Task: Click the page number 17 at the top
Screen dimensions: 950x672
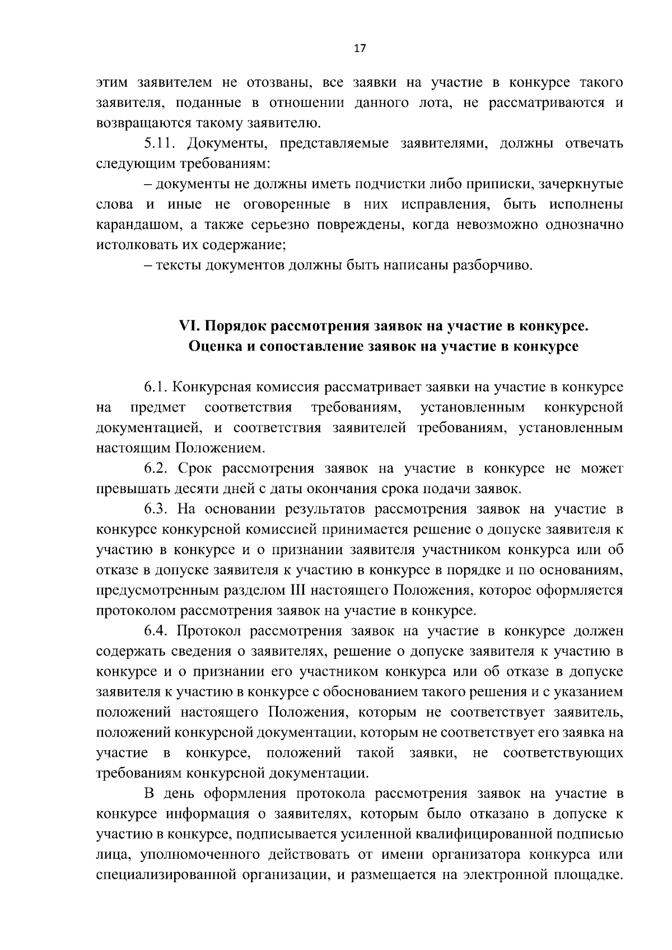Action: point(360,49)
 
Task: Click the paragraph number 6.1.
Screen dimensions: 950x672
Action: point(157,387)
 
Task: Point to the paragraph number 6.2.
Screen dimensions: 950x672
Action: point(157,469)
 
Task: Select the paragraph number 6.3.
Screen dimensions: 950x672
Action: point(157,509)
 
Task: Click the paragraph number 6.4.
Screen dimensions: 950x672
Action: point(157,631)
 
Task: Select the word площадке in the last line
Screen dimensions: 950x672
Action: point(589,874)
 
